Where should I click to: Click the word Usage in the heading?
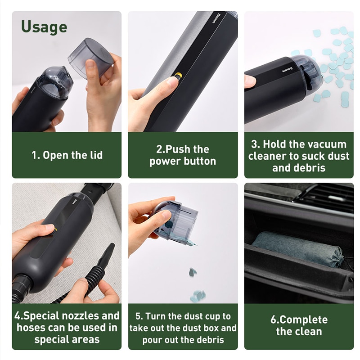[44, 27]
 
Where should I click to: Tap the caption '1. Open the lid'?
[67, 155]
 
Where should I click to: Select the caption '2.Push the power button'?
[183, 155]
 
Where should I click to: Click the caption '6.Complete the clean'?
[299, 326]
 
